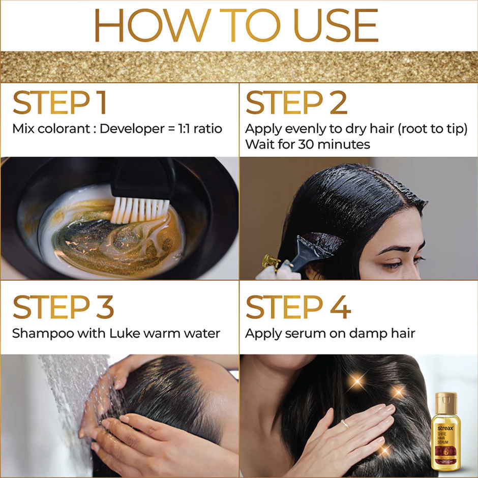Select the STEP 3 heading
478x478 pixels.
pos(63,307)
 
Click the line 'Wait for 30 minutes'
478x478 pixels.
pos(307,144)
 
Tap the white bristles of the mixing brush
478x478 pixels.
pos(139,210)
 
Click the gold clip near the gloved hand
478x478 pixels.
pos(272,261)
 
